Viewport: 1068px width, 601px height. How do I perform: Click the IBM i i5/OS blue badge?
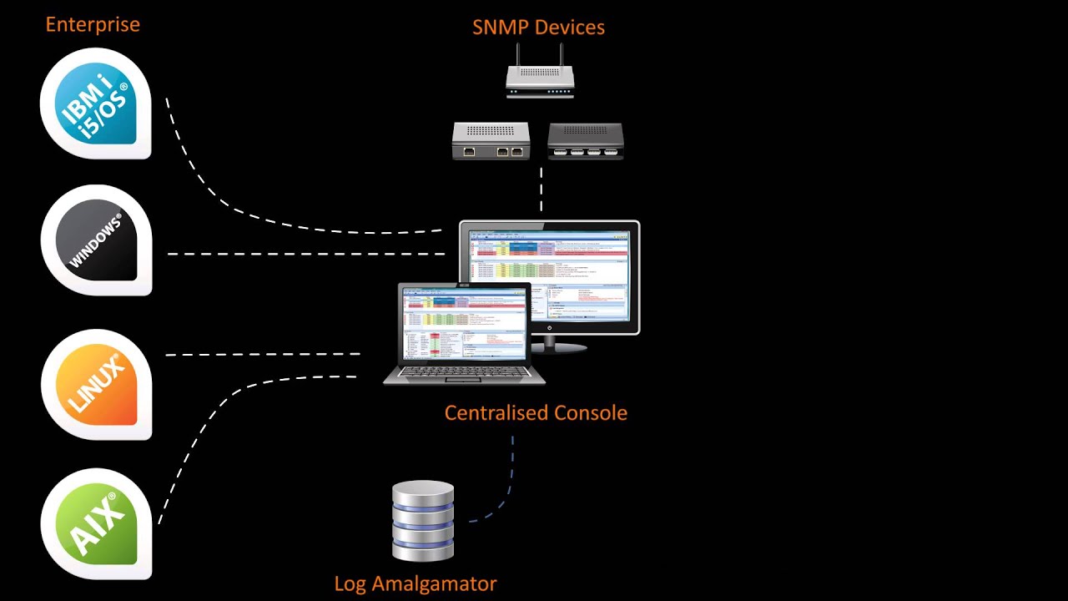coord(96,103)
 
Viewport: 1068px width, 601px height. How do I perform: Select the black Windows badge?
coord(96,240)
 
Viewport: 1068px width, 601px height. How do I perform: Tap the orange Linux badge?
coord(96,384)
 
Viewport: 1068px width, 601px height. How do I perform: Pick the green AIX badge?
coord(96,523)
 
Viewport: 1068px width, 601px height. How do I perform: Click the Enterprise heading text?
coord(93,24)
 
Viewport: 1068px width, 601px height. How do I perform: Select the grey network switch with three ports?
coord(491,140)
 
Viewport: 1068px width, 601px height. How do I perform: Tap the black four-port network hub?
coord(586,140)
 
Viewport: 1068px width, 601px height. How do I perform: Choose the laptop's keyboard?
coord(464,372)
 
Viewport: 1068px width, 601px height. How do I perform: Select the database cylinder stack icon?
coord(423,519)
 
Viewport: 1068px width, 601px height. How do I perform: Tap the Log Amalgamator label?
coord(416,583)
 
